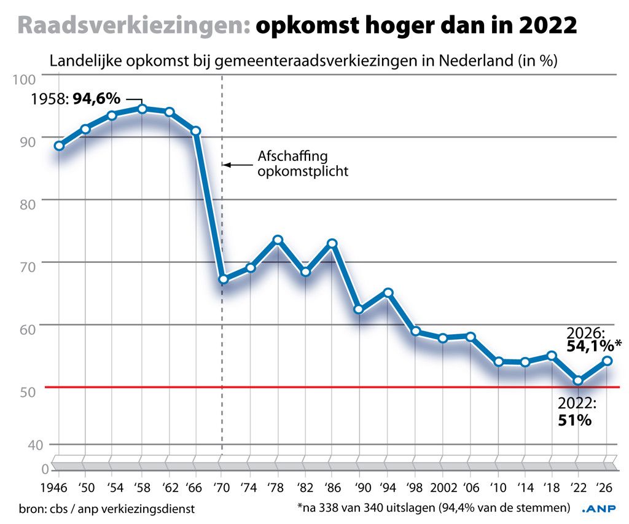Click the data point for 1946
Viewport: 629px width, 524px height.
(58, 146)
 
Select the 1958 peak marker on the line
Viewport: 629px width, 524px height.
(142, 109)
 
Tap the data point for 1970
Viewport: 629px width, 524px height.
(223, 280)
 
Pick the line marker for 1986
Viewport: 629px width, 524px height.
(332, 243)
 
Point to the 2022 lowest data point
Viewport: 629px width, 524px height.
(578, 381)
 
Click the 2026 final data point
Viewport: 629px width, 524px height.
(607, 361)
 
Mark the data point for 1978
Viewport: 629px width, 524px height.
(278, 240)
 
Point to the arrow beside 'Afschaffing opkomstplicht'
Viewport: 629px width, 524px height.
(237, 165)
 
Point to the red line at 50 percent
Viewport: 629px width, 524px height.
(307, 387)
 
